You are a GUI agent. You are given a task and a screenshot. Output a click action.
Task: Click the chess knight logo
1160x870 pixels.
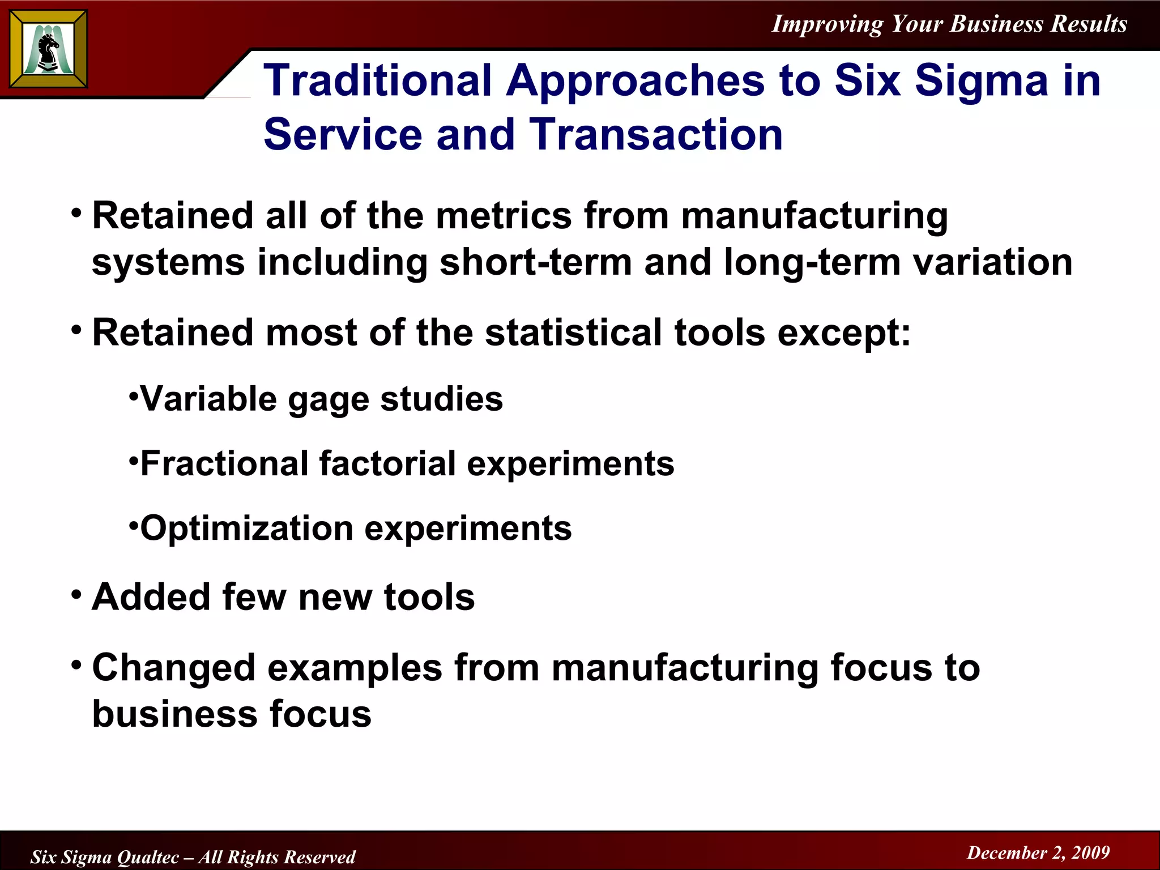pos(49,49)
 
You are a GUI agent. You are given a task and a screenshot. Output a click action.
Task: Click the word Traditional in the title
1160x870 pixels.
pos(378,80)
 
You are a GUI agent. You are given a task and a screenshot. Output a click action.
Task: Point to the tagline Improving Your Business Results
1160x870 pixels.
pos(949,24)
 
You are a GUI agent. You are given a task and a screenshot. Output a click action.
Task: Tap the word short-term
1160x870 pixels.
pos(535,262)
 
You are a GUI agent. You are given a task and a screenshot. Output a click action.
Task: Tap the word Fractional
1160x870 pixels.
pos(224,464)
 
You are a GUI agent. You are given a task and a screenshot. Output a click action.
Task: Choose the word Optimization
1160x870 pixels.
pos(246,528)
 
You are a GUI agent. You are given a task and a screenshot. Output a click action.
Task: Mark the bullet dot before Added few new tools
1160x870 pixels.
pos(76,595)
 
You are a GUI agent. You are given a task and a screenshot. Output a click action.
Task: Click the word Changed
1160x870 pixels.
pos(173,668)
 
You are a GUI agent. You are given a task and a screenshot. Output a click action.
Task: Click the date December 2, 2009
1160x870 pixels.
pos(1038,852)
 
